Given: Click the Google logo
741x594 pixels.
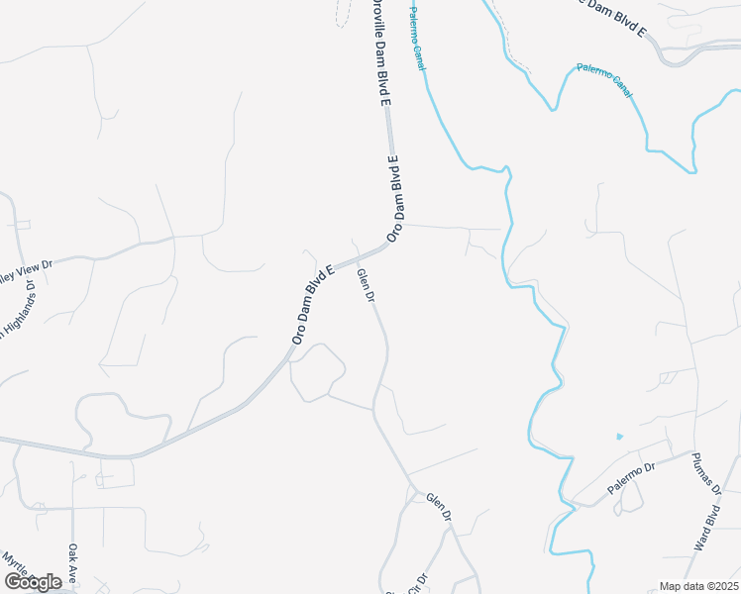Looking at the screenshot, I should (33, 582).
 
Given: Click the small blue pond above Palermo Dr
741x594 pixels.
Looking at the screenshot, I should (620, 436).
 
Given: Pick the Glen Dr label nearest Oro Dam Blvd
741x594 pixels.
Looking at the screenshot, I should (366, 285).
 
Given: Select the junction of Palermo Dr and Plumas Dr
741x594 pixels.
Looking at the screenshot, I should (691, 454).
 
